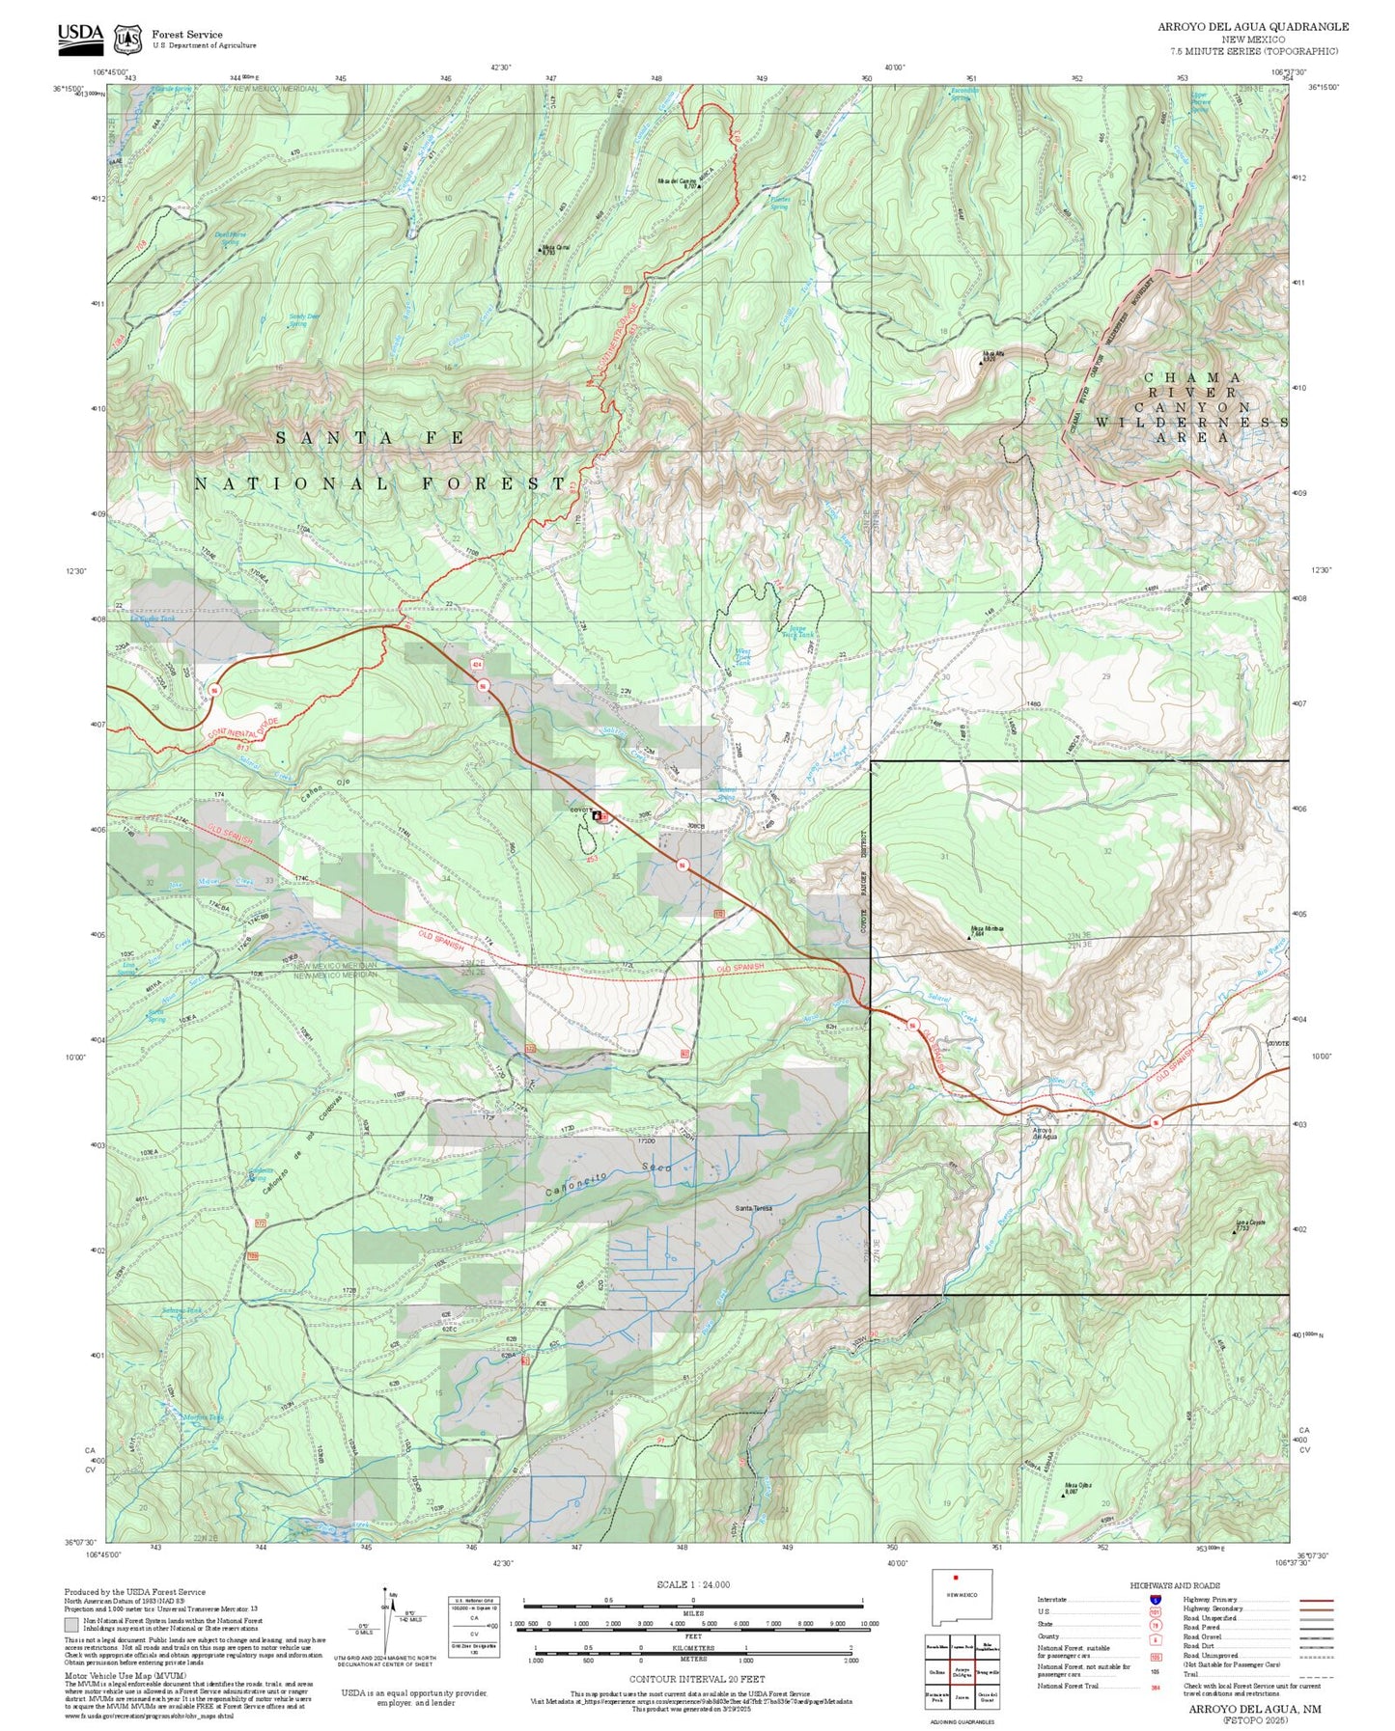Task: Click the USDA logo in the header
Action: click(x=80, y=36)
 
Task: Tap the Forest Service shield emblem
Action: click(x=127, y=39)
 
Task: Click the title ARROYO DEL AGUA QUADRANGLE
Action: click(x=1253, y=27)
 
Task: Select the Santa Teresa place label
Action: click(x=753, y=1208)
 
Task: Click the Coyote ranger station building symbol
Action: click(x=597, y=816)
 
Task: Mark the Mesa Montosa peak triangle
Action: click(x=969, y=937)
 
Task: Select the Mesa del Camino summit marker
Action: click(x=699, y=186)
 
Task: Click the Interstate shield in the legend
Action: click(x=1155, y=1600)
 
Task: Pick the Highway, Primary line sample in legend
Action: click(x=1316, y=1600)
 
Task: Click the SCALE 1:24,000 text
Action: click(x=692, y=1584)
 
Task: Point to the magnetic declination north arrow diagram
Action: click(x=386, y=1622)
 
